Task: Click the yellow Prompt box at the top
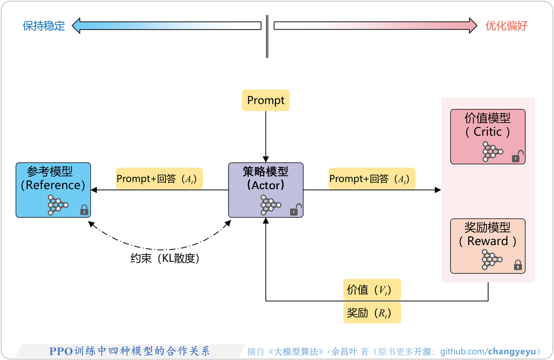click(265, 100)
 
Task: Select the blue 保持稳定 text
click(44, 26)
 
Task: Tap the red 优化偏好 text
click(506, 26)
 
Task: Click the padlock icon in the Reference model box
click(84, 210)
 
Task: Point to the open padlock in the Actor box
click(295, 210)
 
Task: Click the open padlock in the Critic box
click(517, 157)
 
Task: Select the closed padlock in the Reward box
click(518, 265)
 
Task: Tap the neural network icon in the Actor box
click(270, 205)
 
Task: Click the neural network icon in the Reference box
click(57, 205)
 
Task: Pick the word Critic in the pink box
click(487, 132)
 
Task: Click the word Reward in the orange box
click(487, 241)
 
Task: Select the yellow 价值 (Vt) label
click(372, 290)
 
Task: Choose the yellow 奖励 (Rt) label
click(372, 313)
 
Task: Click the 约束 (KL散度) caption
click(165, 258)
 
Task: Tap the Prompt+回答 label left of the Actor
click(159, 179)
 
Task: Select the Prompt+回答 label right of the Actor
click(372, 179)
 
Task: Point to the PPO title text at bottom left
click(129, 351)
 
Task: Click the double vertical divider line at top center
click(267, 37)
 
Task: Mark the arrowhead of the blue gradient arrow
click(76, 26)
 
